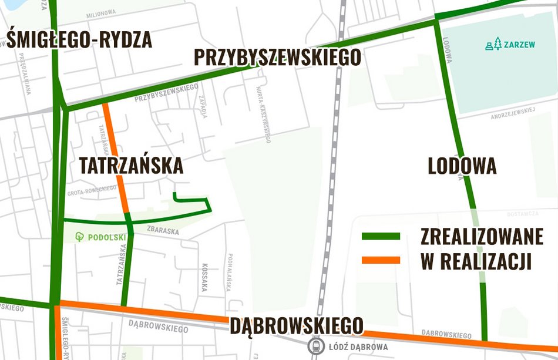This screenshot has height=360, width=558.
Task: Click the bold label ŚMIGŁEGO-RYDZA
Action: [x=79, y=40]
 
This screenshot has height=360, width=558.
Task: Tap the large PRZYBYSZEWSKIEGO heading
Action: [x=277, y=58]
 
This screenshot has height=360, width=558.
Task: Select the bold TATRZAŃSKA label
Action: [x=131, y=166]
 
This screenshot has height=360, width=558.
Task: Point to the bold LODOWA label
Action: [x=462, y=167]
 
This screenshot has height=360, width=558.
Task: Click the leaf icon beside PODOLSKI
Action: [x=80, y=237]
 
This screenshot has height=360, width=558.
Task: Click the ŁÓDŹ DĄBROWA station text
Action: [x=360, y=347]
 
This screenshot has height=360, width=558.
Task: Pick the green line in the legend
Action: [x=380, y=236]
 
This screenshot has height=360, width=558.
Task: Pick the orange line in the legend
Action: [x=380, y=260]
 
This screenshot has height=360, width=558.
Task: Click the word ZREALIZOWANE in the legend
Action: [x=482, y=236]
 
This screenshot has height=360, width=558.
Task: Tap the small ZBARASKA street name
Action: [x=163, y=231]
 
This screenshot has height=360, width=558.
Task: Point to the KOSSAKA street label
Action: [x=205, y=276]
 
